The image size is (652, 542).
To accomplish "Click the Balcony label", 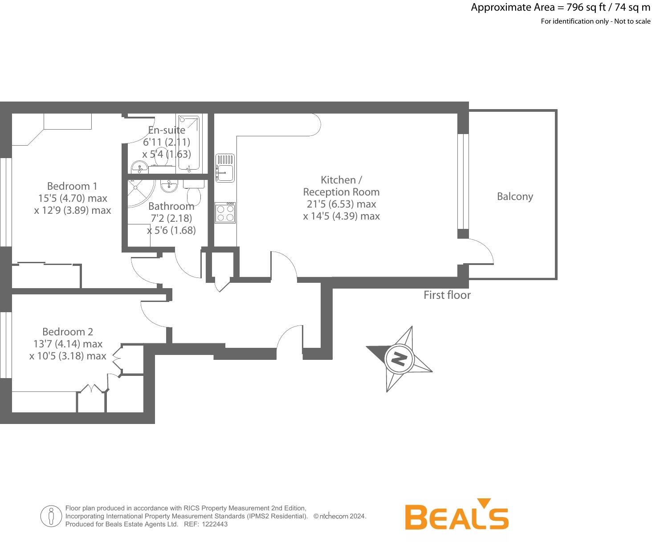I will pos(515,196).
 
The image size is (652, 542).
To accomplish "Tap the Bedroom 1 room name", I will pos(72,186).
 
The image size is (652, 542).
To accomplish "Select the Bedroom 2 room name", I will pos(68,332).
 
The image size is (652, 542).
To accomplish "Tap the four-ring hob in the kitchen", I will pos(225,212).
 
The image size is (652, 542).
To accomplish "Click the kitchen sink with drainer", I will pos(225,168).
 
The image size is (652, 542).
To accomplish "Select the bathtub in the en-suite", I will pos(189,143).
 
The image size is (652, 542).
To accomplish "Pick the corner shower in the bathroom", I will pos(140,194).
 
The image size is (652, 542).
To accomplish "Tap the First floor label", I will pos(447,295).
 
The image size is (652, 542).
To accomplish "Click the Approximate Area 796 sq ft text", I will pos(560,8).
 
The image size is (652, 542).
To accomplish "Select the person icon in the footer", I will pos(51,516).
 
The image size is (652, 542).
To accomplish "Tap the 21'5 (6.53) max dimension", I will pos(341,204).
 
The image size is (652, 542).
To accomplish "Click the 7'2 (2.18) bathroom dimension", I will pos(171,219).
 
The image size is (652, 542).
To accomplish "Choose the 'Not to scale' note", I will pos(632,21).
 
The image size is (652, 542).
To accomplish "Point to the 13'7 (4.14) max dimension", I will pos(68,344).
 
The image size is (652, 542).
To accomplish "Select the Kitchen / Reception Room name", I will pos(341,186).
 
